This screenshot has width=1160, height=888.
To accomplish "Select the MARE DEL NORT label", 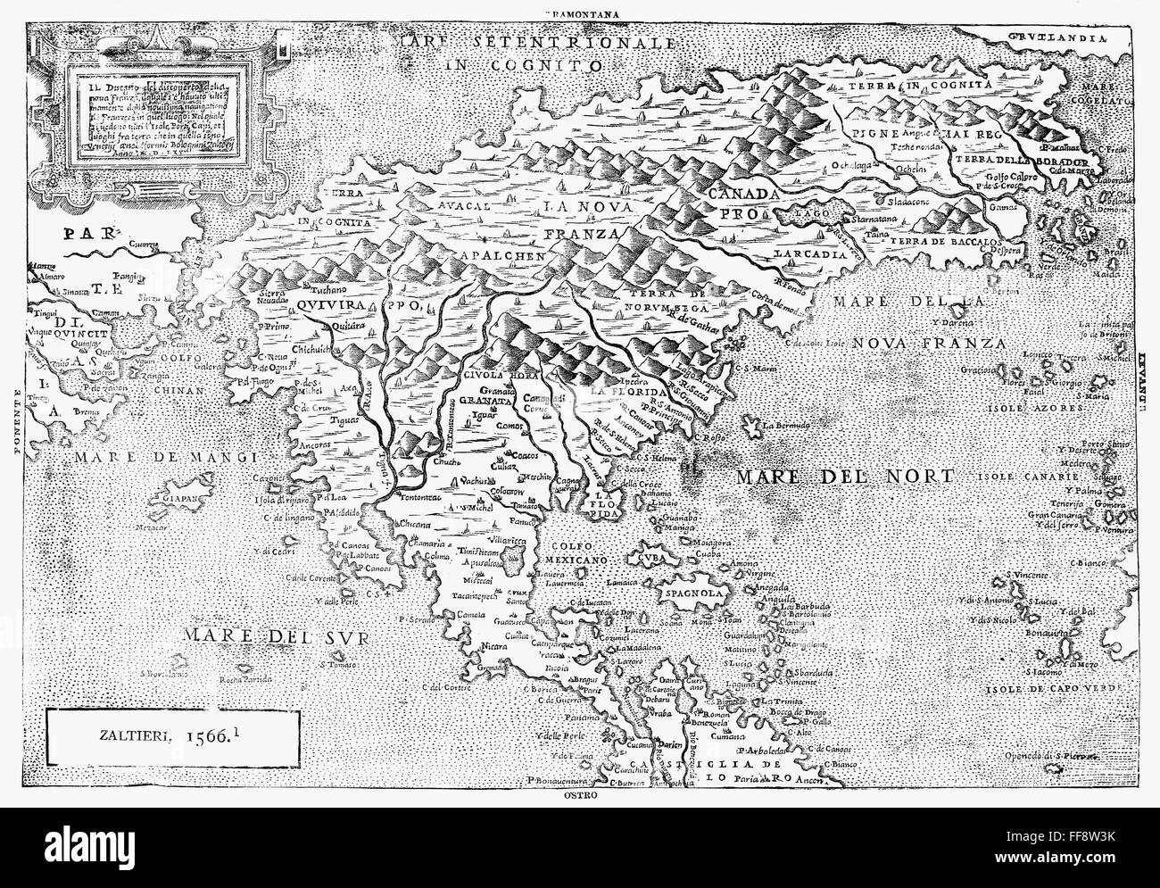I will tap(844, 476).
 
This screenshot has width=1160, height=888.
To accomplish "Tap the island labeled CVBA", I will tap(628, 560).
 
